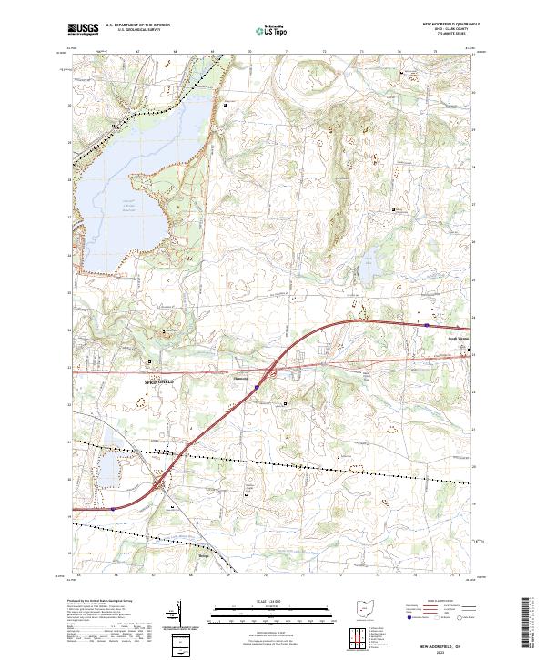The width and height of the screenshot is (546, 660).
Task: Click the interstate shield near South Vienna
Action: tap(426, 323)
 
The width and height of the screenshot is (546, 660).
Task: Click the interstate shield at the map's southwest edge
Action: tap(113, 509)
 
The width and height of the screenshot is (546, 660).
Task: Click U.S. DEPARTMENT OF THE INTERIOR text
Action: tap(136, 26)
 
